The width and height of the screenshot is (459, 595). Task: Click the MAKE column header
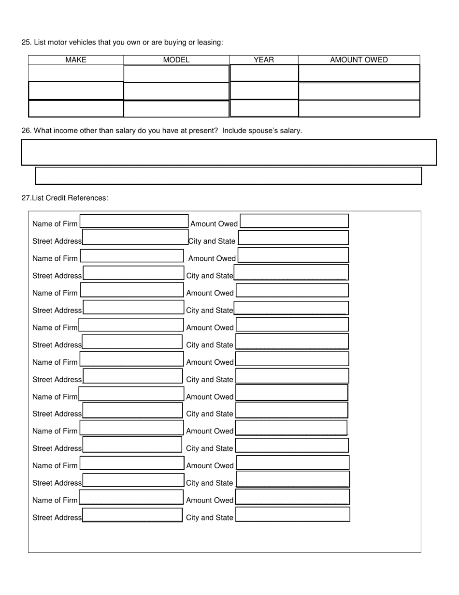[x=76, y=60]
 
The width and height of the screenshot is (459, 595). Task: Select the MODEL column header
[x=176, y=60]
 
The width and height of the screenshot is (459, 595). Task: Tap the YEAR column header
[x=264, y=60]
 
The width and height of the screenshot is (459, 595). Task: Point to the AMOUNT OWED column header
[x=359, y=60]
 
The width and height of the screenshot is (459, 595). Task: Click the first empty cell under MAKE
[x=76, y=73]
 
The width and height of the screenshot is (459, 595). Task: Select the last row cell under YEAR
[x=264, y=108]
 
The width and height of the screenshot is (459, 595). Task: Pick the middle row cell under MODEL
[x=176, y=91]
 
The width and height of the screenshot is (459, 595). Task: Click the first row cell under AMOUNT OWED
[x=359, y=73]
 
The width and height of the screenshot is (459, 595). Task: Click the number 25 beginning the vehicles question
[x=26, y=43]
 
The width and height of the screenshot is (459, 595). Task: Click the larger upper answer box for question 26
[x=229, y=152]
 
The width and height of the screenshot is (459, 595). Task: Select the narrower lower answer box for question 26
[x=229, y=176]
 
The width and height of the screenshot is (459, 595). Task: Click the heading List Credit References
[x=70, y=198]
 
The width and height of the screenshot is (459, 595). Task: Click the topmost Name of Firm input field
[x=134, y=221]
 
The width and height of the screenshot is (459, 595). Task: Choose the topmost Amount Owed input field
[x=294, y=221]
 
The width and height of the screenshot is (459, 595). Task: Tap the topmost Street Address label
[x=57, y=241]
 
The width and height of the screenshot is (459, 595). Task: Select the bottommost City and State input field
[x=293, y=514]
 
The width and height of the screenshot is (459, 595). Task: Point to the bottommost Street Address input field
[x=132, y=515]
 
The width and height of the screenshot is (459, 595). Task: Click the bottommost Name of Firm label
[x=55, y=500]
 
